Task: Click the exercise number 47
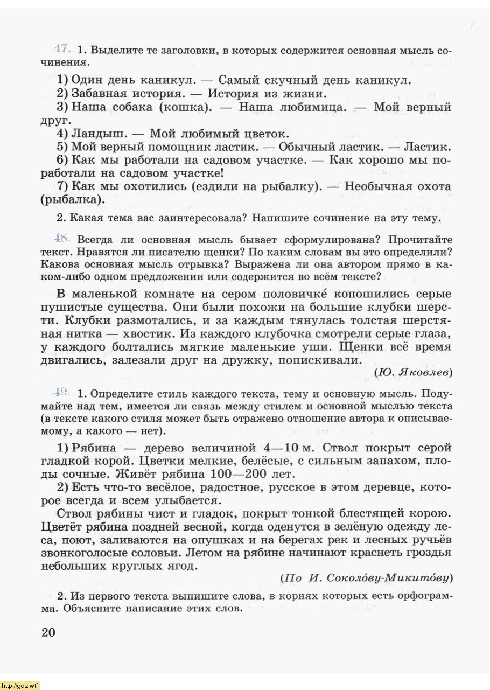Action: [x=62, y=49]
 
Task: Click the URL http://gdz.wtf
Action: [x=20, y=685]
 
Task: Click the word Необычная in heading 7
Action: [x=383, y=186]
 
